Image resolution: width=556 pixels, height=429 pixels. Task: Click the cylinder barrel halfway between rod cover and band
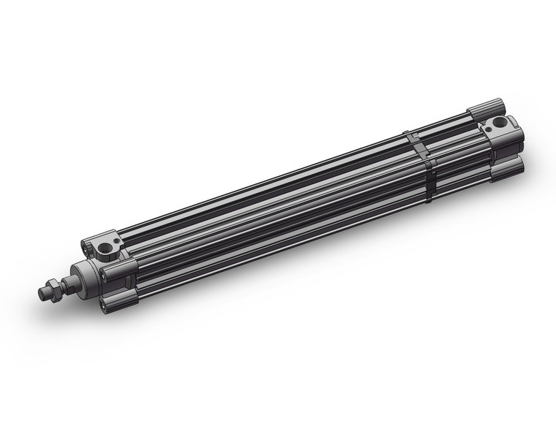[271, 212]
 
